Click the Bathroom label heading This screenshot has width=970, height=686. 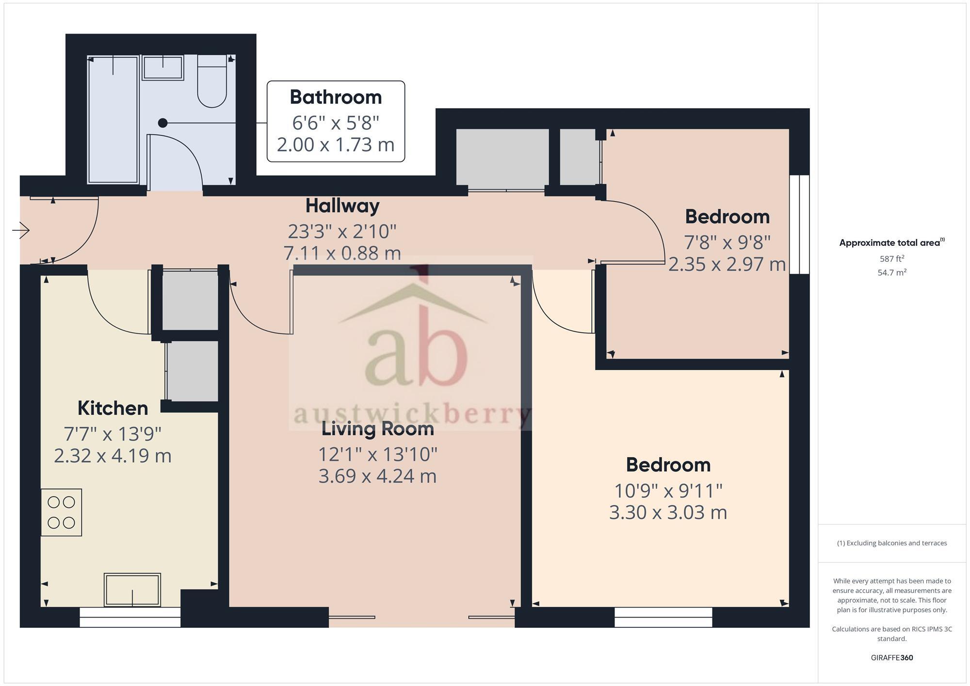coord(336,97)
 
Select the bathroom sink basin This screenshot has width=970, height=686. coord(162,68)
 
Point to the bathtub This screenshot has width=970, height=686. coord(113,119)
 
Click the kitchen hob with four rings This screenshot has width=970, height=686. coord(61,512)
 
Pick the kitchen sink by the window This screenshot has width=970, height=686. coord(132,590)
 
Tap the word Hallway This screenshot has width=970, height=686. coord(342,206)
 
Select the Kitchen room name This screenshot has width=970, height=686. coord(113,408)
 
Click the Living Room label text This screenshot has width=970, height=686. coord(378,429)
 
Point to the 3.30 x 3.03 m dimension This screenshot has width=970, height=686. coord(668,512)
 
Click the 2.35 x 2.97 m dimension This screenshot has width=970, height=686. coord(727,264)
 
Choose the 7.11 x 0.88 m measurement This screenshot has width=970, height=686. coord(342,253)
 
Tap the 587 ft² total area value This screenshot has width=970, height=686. coord(891,259)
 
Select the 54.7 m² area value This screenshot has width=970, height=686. coord(891,272)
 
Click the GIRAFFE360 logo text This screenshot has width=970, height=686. coord(891,658)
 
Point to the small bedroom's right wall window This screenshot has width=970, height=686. coord(799,224)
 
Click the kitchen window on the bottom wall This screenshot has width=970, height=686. coord(130,617)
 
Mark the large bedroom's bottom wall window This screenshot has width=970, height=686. coord(663,617)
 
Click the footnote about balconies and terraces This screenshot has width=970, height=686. coord(891,543)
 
